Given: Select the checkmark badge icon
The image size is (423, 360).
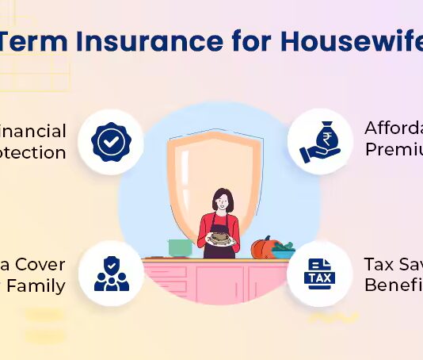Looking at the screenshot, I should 111,142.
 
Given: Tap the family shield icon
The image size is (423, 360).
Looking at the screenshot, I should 111,273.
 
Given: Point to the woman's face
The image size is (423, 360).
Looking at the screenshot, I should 223,201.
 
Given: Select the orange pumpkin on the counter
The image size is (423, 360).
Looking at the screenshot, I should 263,248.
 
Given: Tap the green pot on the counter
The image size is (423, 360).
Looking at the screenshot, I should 180,247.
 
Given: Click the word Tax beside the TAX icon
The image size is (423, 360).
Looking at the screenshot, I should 379,264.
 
